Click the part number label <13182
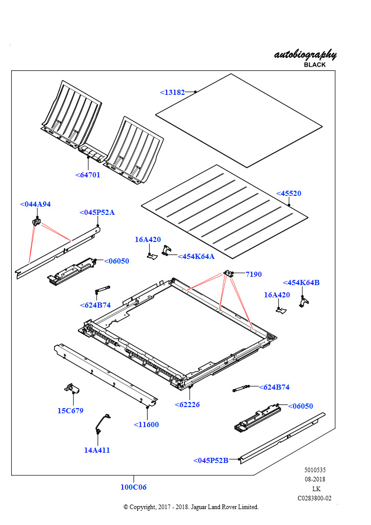tap(172, 93)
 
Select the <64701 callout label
tap(88, 175)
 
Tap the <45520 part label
tap(288, 194)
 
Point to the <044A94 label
tap(35, 204)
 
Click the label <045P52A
tap(97, 212)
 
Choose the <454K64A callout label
tap(196, 256)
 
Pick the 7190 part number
tap(253, 274)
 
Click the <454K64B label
tap(301, 282)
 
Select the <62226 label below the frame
tap(187, 405)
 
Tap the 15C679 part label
tap(70, 411)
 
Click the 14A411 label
tap(97, 450)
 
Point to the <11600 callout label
tap(147, 425)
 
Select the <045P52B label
tap(211, 460)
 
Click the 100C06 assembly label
tap(133, 487)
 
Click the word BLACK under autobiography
tap(315, 65)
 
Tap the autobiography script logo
tap(305, 54)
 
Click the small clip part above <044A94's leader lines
tap(37, 221)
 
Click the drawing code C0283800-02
tap(315, 498)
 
